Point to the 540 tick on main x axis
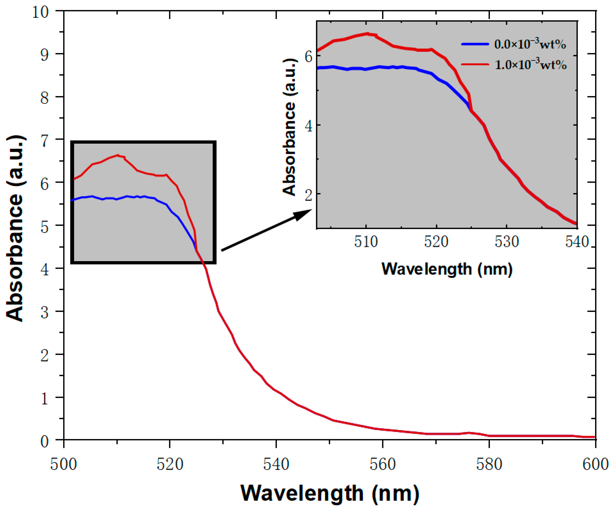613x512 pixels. (276, 439)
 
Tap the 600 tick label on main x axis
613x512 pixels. (595, 464)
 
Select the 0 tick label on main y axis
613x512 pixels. (45, 441)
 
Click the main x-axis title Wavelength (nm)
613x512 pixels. (330, 493)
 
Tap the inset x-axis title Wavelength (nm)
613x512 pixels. (447, 269)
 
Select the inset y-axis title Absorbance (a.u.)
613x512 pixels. (289, 127)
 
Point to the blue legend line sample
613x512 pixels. (475, 44)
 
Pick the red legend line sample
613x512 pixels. (475, 64)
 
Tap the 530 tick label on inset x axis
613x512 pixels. (507, 242)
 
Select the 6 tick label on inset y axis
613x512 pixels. (308, 56)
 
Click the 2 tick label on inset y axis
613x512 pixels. (308, 194)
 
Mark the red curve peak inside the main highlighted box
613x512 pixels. (118, 155)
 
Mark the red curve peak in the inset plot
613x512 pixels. (368, 34)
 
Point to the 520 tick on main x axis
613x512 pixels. (170, 439)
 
